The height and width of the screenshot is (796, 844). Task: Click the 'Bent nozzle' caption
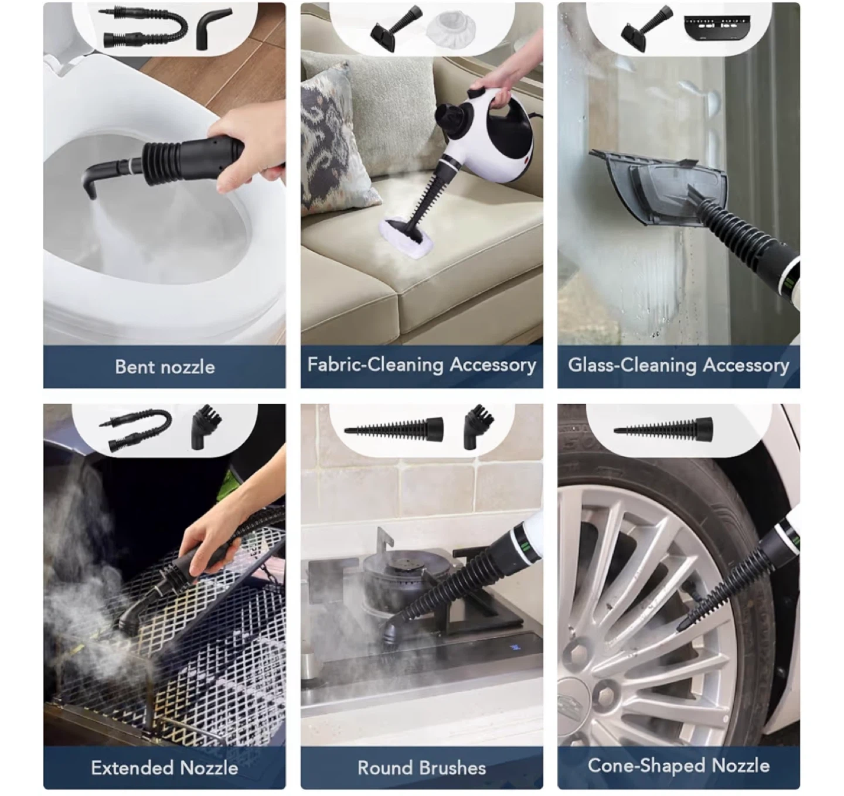165,367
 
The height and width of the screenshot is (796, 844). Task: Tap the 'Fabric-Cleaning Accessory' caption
421,365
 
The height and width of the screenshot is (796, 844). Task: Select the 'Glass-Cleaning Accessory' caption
679,365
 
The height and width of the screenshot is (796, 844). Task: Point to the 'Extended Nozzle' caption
165,767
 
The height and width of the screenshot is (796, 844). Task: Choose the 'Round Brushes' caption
421,768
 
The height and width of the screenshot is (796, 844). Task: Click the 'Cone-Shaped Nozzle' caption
679,766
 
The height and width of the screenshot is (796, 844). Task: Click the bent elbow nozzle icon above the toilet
213,29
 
